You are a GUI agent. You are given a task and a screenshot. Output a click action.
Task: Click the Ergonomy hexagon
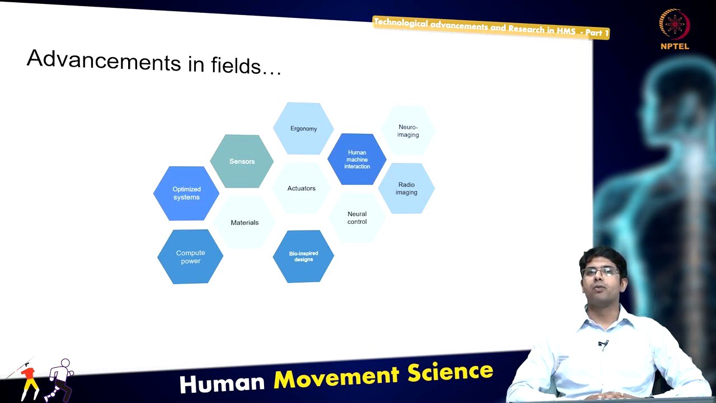(x=303, y=129)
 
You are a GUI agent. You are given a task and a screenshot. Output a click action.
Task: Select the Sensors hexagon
(x=242, y=161)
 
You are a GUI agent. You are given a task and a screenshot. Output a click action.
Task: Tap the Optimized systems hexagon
(x=186, y=193)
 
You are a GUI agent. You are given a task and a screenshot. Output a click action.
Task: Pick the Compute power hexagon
(x=190, y=257)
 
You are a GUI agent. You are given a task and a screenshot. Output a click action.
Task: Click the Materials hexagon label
(x=244, y=223)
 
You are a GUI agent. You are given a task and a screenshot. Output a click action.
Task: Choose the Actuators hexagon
(x=302, y=189)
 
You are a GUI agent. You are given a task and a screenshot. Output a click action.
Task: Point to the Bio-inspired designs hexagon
(x=303, y=256)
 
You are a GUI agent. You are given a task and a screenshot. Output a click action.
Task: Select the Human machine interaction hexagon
(x=357, y=160)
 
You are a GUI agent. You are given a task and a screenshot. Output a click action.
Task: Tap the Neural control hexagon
(x=357, y=218)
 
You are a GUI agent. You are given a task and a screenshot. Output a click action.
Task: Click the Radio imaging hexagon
(x=406, y=189)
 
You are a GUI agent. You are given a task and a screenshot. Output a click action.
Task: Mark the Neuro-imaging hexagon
(x=408, y=131)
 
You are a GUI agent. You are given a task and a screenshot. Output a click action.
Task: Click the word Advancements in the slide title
(x=103, y=60)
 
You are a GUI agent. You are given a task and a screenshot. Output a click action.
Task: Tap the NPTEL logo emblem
(x=675, y=25)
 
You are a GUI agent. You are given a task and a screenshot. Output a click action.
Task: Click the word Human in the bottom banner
(x=222, y=383)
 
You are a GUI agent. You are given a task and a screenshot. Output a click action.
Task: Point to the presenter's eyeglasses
(x=600, y=272)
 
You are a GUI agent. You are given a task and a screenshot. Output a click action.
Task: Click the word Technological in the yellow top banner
(x=401, y=23)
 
